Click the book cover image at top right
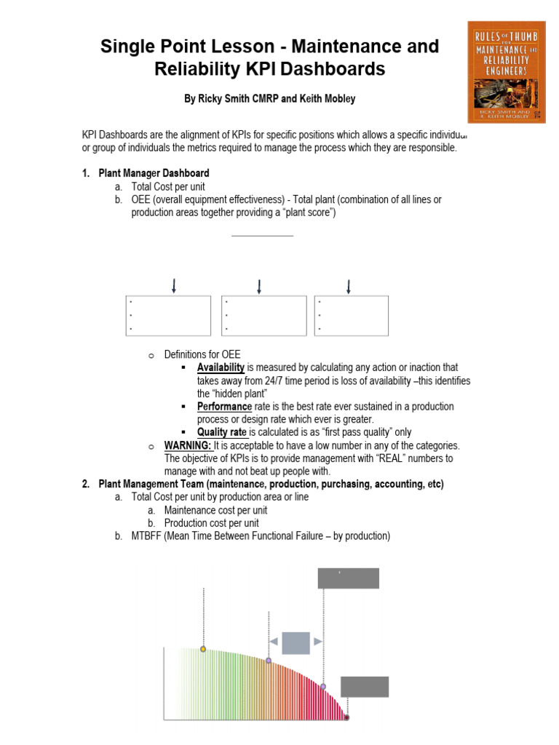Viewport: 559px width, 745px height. [x=506, y=71]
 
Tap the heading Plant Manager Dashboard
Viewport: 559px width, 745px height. [x=154, y=173]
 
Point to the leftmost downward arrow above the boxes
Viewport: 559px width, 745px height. [x=174, y=286]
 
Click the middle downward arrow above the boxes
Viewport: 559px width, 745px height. [x=260, y=286]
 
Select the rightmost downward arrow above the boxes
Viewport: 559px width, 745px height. [x=349, y=286]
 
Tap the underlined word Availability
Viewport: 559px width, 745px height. [x=221, y=367]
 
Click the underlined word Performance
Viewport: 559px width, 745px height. [x=224, y=406]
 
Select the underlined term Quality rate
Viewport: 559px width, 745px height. [x=222, y=432]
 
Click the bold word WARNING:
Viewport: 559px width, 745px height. [x=188, y=445]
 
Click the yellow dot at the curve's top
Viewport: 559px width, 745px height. [x=203, y=648]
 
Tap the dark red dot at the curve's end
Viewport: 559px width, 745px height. [x=346, y=717]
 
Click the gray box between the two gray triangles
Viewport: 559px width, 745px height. [x=296, y=642]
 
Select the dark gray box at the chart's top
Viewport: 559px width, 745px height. [x=348, y=578]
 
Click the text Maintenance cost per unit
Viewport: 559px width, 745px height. [x=211, y=510]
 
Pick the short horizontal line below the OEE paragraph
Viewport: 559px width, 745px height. [x=262, y=236]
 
